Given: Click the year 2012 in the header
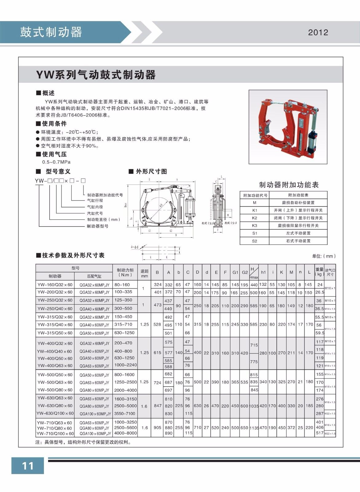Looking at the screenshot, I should point(318,32).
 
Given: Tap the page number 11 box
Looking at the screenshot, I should point(28,466).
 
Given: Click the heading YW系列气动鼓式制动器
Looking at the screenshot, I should point(96,75).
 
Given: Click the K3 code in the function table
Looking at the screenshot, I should point(254,225).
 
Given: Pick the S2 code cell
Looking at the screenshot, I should point(254,241).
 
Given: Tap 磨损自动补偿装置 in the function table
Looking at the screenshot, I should point(298,203).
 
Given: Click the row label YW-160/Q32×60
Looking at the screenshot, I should point(55,285).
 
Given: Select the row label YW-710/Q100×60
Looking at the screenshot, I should point(55,434).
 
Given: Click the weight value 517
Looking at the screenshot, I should point(320,433).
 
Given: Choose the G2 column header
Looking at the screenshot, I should point(245,272).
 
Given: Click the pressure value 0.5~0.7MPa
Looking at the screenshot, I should point(56,162).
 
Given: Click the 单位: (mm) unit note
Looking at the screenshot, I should point(324,256).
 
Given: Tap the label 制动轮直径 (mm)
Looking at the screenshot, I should point(104,220).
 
